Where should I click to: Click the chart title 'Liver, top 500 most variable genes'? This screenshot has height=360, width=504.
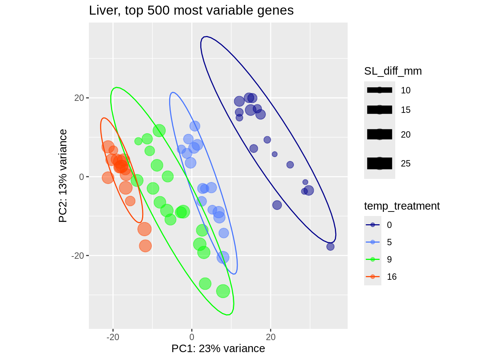tap(191, 10)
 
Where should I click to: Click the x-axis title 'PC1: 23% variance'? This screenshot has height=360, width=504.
tap(218, 349)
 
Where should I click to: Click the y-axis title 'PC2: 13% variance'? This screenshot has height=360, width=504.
tap(63, 175)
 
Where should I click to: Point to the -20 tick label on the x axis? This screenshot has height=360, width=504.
tap(112, 337)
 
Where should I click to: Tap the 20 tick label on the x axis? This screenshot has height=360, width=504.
tap(271, 337)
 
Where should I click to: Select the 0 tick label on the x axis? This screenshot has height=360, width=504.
tap(192, 337)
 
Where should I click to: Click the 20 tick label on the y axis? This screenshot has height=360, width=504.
tap(79, 98)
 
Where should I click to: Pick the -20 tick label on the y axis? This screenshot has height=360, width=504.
tap(77, 255)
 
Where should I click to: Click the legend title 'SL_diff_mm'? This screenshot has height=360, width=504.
tap(393, 71)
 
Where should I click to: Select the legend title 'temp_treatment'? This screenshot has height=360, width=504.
tap(402, 206)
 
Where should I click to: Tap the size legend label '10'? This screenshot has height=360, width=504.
tap(405, 90)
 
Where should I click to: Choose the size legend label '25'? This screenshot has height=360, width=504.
tap(405, 163)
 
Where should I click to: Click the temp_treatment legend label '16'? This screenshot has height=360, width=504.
tap(391, 277)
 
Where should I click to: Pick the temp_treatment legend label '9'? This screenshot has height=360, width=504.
tap(389, 259)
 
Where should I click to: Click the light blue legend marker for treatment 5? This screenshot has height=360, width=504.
tap(372, 242)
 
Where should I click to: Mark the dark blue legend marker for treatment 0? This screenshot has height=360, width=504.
tap(372, 225)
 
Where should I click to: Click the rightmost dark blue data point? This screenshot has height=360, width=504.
tap(330, 247)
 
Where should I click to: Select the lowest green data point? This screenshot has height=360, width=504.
tap(223, 291)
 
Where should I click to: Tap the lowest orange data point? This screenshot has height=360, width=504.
tap(145, 246)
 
